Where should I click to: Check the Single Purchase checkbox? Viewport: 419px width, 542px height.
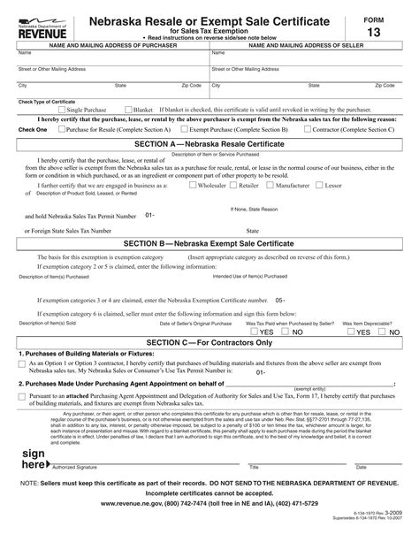(62, 110)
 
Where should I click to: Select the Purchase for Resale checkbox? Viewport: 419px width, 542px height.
(60, 129)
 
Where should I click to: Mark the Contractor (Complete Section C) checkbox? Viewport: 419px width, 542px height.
(307, 129)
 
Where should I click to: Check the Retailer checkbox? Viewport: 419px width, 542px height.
(234, 187)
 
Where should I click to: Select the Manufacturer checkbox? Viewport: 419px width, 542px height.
(271, 187)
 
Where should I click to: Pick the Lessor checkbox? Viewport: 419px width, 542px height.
(320, 187)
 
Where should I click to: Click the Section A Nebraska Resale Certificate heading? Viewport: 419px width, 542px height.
(209, 142)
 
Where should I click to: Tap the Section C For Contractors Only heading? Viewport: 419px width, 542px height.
(209, 340)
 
